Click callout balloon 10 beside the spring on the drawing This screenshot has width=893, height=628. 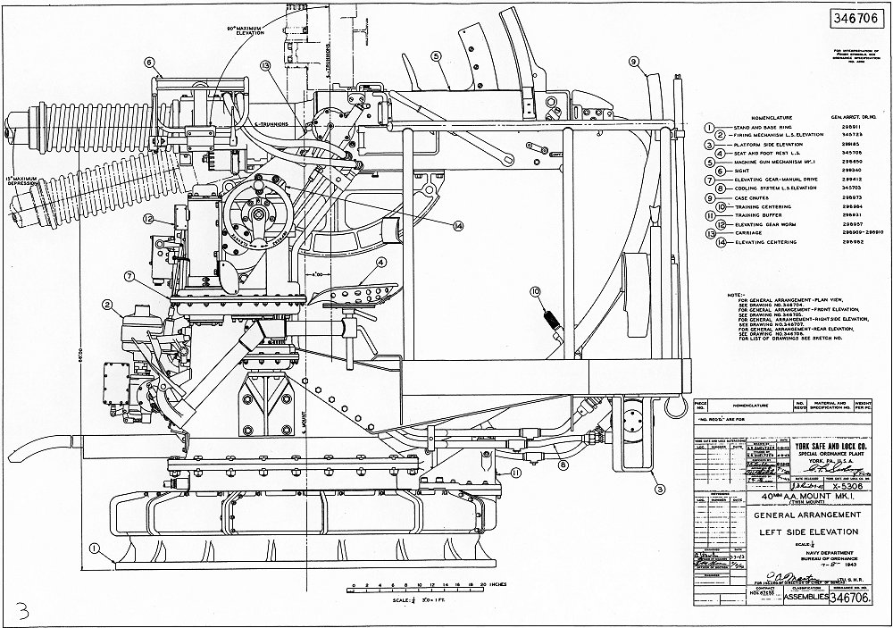tap(535, 292)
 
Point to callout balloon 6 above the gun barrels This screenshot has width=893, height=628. tap(149, 63)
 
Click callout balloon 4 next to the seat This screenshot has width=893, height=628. tap(381, 263)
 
